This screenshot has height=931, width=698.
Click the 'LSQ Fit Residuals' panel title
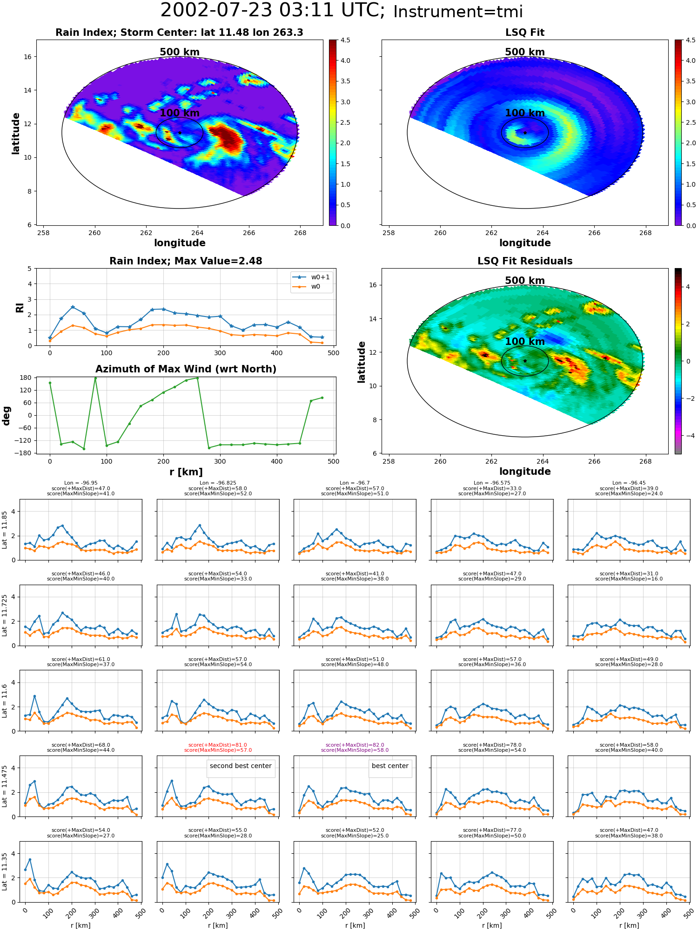tap(525, 261)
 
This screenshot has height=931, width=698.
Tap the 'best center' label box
tap(390, 766)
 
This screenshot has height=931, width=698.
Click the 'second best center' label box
tap(241, 766)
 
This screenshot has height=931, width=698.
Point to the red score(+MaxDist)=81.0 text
tap(218, 745)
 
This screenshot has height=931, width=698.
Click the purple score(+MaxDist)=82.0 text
tap(355, 745)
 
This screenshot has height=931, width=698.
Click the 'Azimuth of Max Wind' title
tap(186, 369)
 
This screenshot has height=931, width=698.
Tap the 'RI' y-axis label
tap(20, 308)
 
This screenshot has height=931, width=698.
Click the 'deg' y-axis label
tap(6, 416)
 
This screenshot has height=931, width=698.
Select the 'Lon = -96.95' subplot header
tap(81, 483)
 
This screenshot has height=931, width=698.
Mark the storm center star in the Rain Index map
tap(180, 133)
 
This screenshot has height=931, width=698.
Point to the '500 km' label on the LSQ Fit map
tap(525, 52)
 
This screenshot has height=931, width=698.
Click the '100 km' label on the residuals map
tap(525, 342)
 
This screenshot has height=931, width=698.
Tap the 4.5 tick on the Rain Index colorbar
tap(345, 40)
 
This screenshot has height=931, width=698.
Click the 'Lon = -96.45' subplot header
tap(629, 483)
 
